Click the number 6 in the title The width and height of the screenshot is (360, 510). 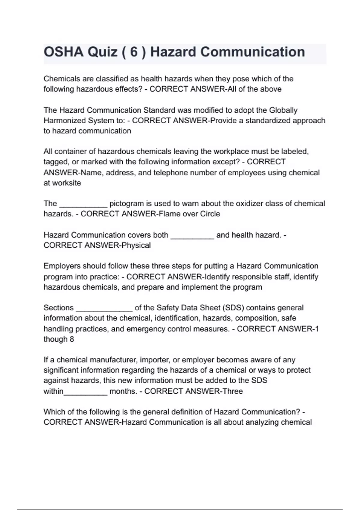click(x=134, y=52)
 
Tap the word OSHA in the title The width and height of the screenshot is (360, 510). click(x=64, y=52)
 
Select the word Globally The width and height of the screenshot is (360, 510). click(x=283, y=110)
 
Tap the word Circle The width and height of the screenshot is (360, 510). click(x=208, y=214)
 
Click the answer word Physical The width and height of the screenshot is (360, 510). click(x=136, y=245)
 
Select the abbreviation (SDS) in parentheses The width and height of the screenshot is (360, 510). click(x=233, y=308)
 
